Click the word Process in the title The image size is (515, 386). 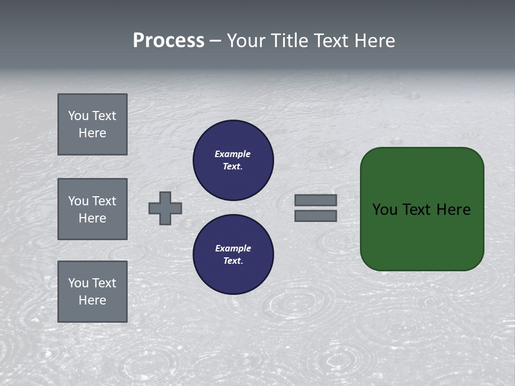tap(168, 41)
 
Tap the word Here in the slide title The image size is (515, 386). tap(373, 41)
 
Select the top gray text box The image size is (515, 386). tap(92, 124)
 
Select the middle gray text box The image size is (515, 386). tap(92, 209)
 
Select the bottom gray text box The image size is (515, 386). tap(92, 292)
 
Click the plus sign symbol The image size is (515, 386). tap(165, 208)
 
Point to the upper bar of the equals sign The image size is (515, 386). tap(315, 200)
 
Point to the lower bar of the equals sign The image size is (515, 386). tap(315, 216)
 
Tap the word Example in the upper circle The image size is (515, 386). tap(233, 154)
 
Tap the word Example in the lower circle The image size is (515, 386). tap(233, 248)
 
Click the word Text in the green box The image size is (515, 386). tap(417, 210)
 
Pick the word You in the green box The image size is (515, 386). tap(385, 210)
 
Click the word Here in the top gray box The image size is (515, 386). tap(92, 133)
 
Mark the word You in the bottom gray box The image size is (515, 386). tap(78, 283)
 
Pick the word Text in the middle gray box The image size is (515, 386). tap(104, 201)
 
